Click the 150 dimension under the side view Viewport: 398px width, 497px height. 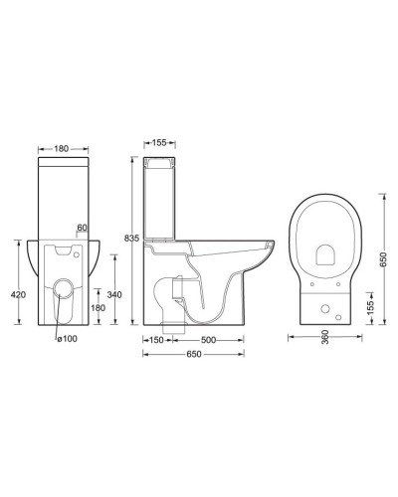[x=157, y=341]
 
